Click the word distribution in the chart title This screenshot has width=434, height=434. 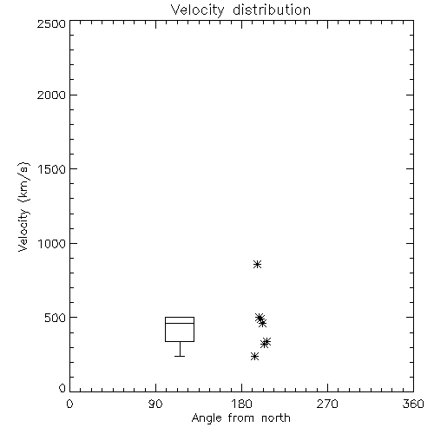272,10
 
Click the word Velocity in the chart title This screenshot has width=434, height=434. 197,10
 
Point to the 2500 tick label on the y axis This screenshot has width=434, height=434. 51,23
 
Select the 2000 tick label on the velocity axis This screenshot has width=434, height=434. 51,95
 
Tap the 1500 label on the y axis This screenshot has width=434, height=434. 52,169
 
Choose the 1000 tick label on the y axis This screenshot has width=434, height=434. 52,244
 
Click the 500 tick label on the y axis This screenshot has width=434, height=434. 56,318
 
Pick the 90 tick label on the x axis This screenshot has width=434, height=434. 155,404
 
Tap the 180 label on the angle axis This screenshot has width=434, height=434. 241,404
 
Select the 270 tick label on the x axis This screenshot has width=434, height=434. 327,404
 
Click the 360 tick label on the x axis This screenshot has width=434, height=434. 413,404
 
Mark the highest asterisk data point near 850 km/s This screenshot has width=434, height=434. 257,264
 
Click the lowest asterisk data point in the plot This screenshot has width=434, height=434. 254,356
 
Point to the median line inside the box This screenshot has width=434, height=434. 180,323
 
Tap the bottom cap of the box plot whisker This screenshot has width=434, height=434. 180,356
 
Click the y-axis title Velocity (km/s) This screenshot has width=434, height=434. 23,207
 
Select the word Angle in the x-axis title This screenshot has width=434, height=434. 207,418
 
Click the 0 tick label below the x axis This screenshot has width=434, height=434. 69,404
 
